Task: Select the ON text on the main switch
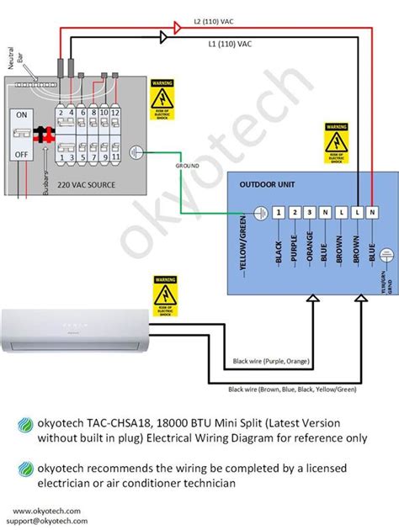click(x=23, y=114)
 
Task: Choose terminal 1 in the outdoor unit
click(x=279, y=212)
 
